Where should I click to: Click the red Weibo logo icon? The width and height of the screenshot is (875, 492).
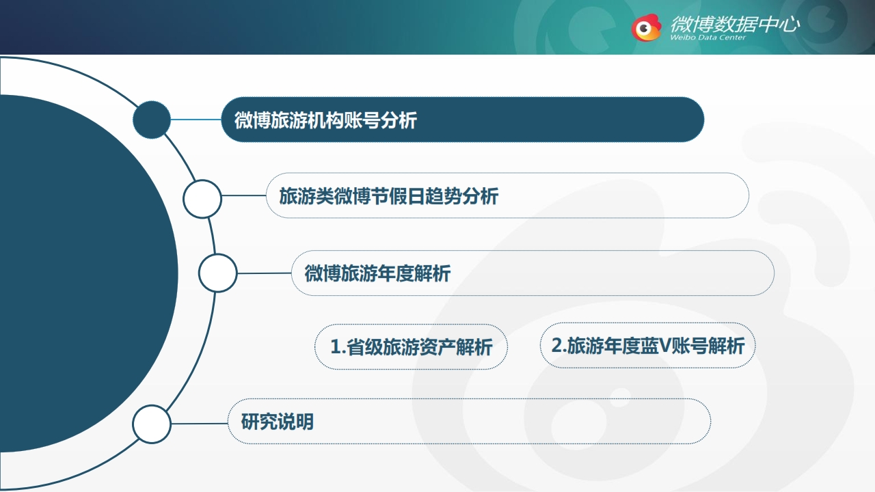tap(646, 27)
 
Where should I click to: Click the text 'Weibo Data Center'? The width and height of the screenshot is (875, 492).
tap(708, 38)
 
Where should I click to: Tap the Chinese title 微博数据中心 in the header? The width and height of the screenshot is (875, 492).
tap(735, 24)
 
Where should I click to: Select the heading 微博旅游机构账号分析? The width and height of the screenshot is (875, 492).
tap(325, 120)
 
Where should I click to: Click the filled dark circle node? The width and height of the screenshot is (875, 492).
tap(152, 120)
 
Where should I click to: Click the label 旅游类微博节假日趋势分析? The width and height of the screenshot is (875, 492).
tap(389, 196)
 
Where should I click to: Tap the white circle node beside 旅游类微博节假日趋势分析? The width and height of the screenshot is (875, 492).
tap(202, 199)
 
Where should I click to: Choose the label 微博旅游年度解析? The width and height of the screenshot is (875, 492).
tap(377, 273)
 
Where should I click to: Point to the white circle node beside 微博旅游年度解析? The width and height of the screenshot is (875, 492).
tap(217, 273)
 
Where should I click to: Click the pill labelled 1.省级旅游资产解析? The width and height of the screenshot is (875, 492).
tap(411, 346)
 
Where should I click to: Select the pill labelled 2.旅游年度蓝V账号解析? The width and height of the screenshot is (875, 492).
tap(647, 345)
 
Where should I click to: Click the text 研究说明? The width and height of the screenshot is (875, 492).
tap(278, 422)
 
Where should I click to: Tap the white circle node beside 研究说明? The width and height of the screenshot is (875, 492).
tap(152, 424)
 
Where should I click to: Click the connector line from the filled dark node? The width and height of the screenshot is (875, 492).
tap(196, 120)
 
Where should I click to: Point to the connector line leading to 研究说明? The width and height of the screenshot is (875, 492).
tap(200, 423)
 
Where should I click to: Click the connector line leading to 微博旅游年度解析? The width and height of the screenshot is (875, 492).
tap(264, 273)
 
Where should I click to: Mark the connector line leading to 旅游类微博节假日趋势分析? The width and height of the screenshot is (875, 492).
tap(244, 195)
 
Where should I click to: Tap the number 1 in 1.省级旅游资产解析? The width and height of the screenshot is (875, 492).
tap(335, 346)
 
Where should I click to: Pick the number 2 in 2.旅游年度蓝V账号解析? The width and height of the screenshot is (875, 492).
tap(556, 345)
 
